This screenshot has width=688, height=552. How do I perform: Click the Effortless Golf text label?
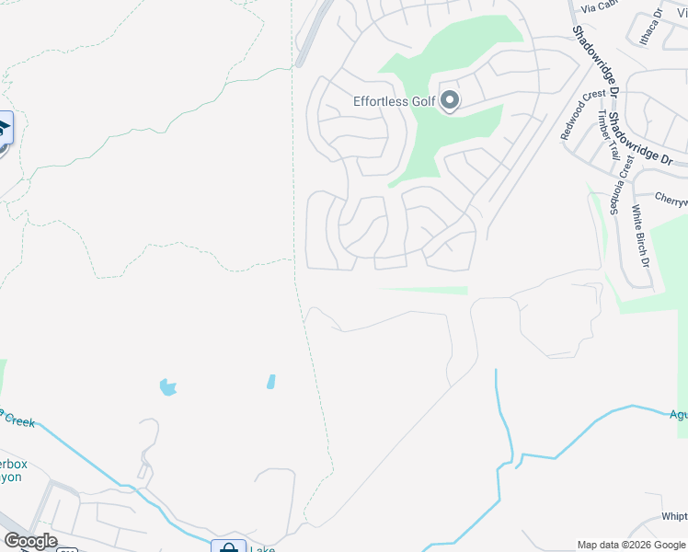(394, 101)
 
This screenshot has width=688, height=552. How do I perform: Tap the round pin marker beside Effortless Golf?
(449, 99)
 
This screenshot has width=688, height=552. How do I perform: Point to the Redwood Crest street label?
(583, 114)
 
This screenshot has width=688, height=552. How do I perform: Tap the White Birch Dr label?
(640, 236)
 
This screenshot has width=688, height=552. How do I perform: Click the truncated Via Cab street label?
(598, 6)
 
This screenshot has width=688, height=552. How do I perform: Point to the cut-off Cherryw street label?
(671, 197)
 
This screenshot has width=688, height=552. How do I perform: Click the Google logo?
(30, 541)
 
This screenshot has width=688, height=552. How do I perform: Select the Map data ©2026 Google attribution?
(631, 545)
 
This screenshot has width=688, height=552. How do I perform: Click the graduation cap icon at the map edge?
(4, 127)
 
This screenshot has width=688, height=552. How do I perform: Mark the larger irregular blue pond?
(167, 387)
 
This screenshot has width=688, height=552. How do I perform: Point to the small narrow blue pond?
(270, 381)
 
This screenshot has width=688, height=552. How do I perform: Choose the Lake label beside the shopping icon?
(262, 548)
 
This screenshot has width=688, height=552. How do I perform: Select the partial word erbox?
(13, 465)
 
